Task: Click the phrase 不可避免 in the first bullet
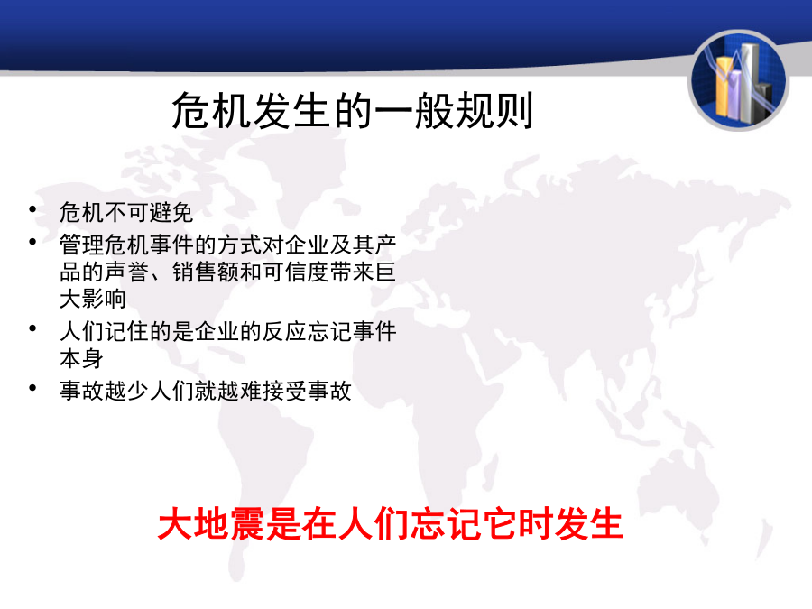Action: pyautogui.click(x=149, y=212)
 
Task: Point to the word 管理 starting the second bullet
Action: pyautogui.click(x=81, y=245)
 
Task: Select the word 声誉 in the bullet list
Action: pyautogui.click(x=126, y=272)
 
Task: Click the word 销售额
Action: pyautogui.click(x=206, y=272)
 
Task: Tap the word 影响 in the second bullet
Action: pyautogui.click(x=104, y=300)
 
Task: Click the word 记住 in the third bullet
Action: pyautogui.click(x=126, y=331)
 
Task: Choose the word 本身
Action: pyautogui.click(x=81, y=359)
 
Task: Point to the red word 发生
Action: pyautogui.click(x=588, y=523)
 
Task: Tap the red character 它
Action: pyautogui.click(x=499, y=523)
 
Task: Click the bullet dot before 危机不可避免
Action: pyautogui.click(x=32, y=209)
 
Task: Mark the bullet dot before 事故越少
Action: pyautogui.click(x=32, y=387)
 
